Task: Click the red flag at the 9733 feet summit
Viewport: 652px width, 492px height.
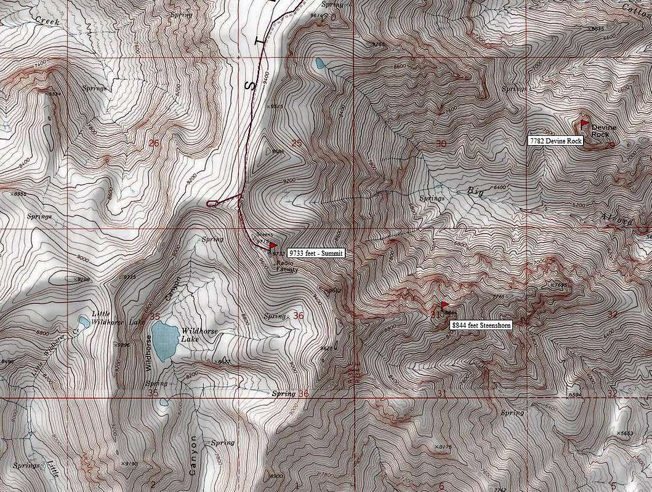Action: point(273,246)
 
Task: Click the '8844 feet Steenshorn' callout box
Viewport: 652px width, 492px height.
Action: point(481,325)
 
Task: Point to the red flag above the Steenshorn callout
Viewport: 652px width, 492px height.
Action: point(444,304)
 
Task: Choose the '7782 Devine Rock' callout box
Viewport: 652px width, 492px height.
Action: point(555,141)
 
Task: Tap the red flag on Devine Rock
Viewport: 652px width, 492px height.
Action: point(584,123)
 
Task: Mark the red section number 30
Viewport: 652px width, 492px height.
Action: point(440,143)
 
